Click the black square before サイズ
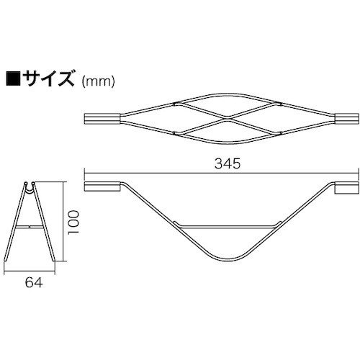[x=14, y=78]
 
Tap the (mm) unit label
[x=97, y=81]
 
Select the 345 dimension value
[x=228, y=164]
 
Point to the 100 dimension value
[x=73, y=222]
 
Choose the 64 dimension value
[x=34, y=283]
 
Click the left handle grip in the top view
[x=102, y=120]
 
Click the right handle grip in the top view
[x=347, y=120]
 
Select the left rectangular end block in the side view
[x=102, y=186]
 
